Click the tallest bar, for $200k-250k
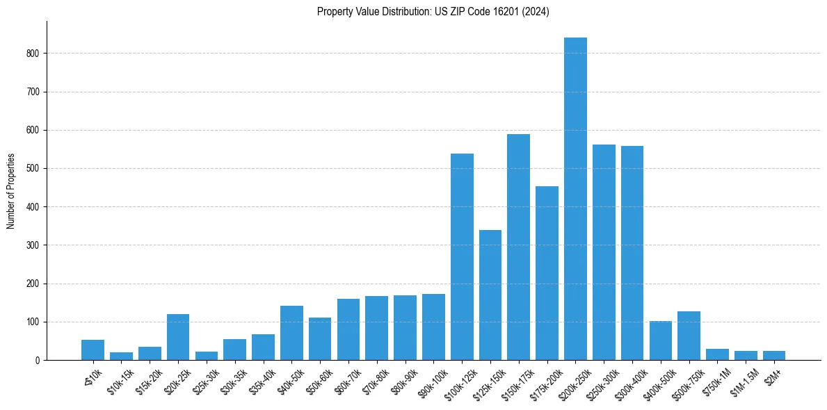click(x=575, y=199)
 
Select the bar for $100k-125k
click(x=462, y=257)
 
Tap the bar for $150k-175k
click(x=518, y=247)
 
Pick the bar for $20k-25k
click(x=178, y=337)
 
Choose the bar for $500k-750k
click(x=689, y=336)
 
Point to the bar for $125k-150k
click(x=490, y=295)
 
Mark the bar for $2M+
click(x=774, y=356)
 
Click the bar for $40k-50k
click(x=291, y=333)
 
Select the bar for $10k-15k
click(x=121, y=356)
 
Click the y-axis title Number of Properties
click(x=11, y=191)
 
